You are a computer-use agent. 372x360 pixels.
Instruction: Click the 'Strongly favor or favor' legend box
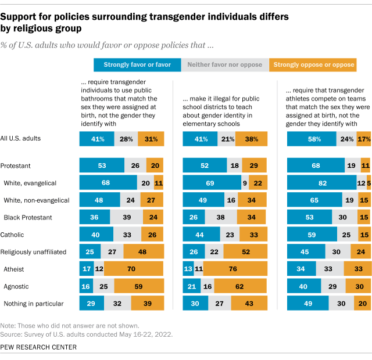(137, 64)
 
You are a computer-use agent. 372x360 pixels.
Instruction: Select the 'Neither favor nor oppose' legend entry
(226, 64)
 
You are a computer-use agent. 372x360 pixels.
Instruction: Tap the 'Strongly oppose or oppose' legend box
(313, 64)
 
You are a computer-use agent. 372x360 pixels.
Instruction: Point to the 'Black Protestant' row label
(28, 218)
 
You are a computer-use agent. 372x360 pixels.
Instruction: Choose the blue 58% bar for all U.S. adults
(312, 139)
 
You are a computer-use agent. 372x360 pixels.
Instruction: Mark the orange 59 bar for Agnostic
(139, 286)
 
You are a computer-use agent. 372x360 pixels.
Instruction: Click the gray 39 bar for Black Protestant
(128, 218)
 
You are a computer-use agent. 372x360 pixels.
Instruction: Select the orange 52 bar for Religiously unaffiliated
(245, 252)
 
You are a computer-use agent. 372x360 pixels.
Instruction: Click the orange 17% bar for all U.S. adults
(363, 139)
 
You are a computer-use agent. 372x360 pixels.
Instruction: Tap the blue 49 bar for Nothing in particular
(309, 303)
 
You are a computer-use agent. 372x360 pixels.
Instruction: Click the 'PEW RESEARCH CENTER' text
(40, 347)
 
